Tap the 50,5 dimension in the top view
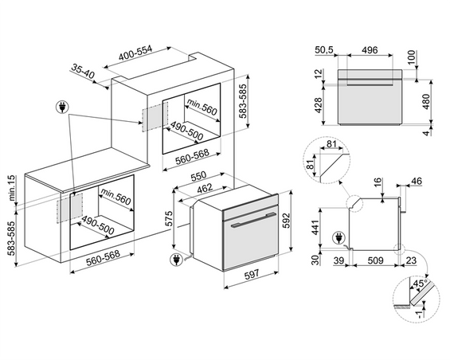[x=322, y=49]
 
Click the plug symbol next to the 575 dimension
[x=175, y=258]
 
